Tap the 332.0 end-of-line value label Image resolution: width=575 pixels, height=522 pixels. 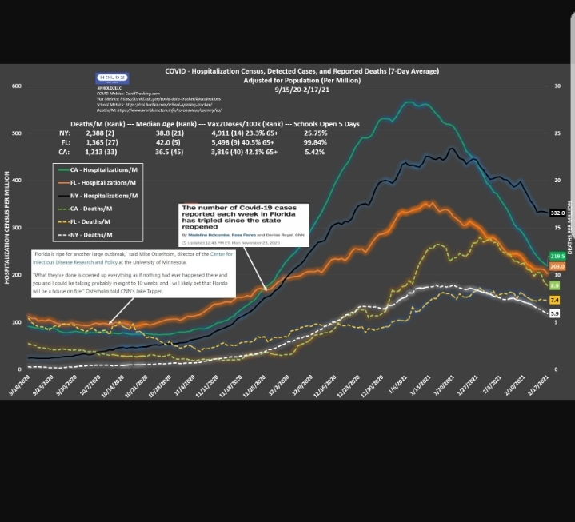pyautogui.click(x=557, y=213)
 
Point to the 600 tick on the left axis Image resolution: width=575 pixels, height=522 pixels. pyautogui.click(x=16, y=86)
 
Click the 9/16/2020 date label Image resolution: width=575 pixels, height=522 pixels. pyautogui.click(x=18, y=386)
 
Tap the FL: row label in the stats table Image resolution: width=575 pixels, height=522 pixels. pyautogui.click(x=65, y=142)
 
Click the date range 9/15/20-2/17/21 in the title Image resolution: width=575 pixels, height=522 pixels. pyautogui.click(x=301, y=90)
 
